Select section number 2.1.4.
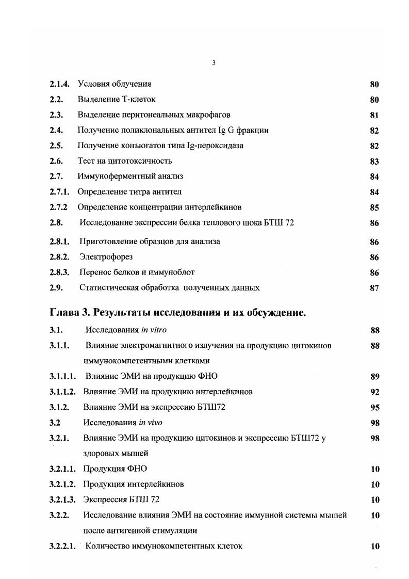[x=60, y=84]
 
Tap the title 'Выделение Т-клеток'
[x=116, y=99]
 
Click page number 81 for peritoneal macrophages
[x=374, y=115]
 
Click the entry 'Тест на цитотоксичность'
[x=124, y=161]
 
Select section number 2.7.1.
[x=60, y=192]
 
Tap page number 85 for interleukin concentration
[x=374, y=208]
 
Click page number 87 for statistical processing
[x=374, y=288]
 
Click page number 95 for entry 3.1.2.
[x=374, y=408]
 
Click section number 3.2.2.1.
[x=63, y=546]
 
